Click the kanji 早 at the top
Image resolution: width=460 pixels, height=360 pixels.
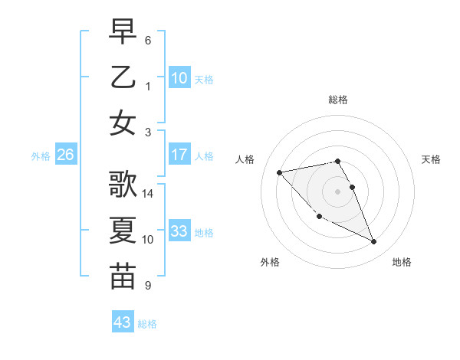click(123, 33)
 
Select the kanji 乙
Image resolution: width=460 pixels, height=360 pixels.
click(123, 78)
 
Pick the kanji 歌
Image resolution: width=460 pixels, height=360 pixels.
click(123, 185)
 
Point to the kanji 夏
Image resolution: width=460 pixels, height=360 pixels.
click(123, 231)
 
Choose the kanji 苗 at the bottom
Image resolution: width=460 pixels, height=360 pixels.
click(123, 276)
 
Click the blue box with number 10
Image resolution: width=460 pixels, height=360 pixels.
click(179, 77)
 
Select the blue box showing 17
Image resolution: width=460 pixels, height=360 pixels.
click(179, 155)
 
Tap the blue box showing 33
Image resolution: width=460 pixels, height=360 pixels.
click(179, 231)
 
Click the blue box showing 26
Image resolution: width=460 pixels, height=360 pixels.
click(65, 155)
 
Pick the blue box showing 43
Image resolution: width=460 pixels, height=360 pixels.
click(123, 322)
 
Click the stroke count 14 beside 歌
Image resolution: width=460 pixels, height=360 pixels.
click(148, 195)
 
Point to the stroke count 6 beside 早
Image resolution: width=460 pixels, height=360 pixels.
click(148, 40)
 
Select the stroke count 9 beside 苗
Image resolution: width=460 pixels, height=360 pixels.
click(148, 285)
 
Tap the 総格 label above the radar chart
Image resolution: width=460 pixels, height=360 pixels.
click(337, 100)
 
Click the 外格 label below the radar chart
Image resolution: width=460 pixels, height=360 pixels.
click(270, 262)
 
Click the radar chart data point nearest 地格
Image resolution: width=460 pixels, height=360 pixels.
click(374, 242)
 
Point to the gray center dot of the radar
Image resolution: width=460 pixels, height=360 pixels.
click(337, 191)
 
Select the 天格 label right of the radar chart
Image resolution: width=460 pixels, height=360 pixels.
click(431, 159)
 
